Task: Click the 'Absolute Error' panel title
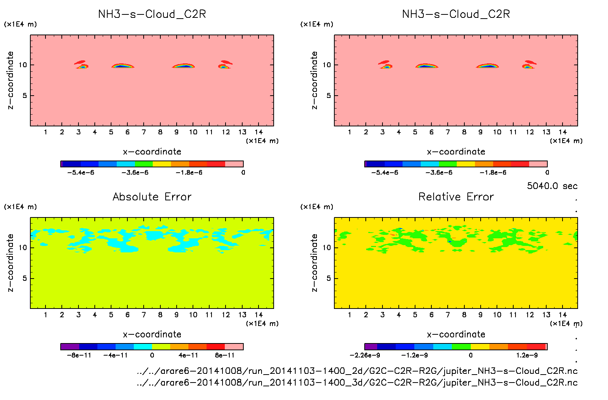(152, 197)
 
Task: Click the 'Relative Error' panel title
(456, 197)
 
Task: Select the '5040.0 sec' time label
(552, 186)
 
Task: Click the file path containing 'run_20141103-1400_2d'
(357, 371)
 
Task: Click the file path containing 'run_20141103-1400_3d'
(357, 382)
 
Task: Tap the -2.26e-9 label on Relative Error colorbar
(365, 355)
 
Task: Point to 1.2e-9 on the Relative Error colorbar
(527, 355)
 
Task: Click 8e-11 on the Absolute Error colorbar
(225, 355)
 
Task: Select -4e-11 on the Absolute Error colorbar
(116, 355)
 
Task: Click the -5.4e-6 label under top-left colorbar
(81, 172)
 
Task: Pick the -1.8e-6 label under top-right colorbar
(493, 172)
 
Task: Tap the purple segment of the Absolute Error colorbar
(70, 346)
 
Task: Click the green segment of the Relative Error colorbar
(461, 346)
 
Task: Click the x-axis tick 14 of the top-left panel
(259, 132)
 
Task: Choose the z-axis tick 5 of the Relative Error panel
(328, 279)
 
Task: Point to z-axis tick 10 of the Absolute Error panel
(23, 248)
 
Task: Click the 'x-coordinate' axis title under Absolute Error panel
(152, 334)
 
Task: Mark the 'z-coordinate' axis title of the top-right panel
(314, 80)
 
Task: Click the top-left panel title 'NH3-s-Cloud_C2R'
(152, 14)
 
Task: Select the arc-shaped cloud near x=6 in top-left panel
(122, 66)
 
